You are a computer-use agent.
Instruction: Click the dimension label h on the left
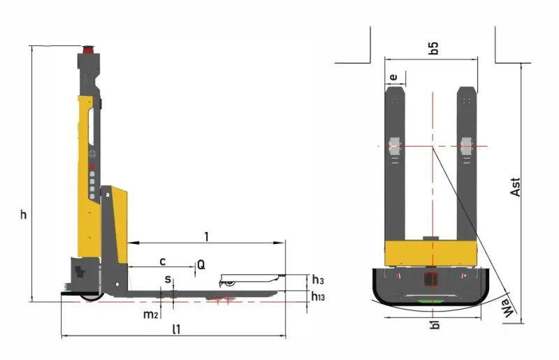[23, 214]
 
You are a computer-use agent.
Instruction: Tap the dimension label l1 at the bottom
[177, 329]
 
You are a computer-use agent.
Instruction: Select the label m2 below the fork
[150, 315]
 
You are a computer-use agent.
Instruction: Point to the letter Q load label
[201, 265]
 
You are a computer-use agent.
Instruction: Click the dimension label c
[163, 261]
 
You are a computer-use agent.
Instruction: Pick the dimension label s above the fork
[168, 279]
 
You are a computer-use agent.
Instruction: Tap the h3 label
[318, 280]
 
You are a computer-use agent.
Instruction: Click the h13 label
[318, 296]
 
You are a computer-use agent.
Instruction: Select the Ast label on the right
[515, 187]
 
